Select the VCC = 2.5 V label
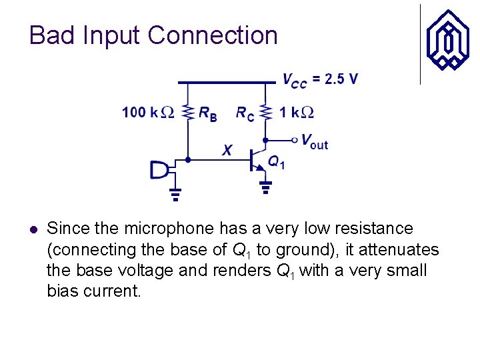point(319,80)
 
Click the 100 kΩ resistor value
point(147,112)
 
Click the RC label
point(245,113)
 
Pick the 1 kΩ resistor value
point(297,112)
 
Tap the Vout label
point(314,141)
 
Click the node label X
point(227,151)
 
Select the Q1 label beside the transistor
point(276,161)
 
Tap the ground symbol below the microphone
point(175,195)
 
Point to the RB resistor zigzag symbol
point(188,111)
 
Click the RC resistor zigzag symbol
point(265,111)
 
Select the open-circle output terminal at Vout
point(294,140)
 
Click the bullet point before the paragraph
point(33,229)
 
